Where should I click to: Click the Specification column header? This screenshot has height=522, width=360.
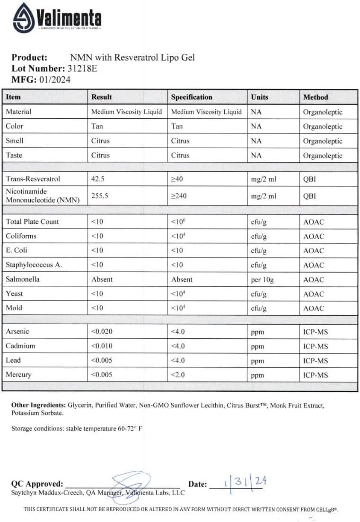coord(192,97)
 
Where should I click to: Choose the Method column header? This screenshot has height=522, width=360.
coord(316,97)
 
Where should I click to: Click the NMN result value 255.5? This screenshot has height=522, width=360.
coord(100,195)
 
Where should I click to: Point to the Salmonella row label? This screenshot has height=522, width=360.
coord(23,279)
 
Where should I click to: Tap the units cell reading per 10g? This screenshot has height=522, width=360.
coord(263,280)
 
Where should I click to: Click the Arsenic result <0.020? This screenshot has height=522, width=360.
coord(102,332)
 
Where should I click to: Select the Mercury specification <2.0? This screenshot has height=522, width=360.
coord(178,375)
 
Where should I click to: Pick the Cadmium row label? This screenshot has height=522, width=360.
coord(20,346)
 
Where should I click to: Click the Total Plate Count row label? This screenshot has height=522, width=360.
coord(33,221)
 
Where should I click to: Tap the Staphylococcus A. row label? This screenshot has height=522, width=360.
coord(34,265)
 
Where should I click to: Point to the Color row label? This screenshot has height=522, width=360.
coord(15,126)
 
